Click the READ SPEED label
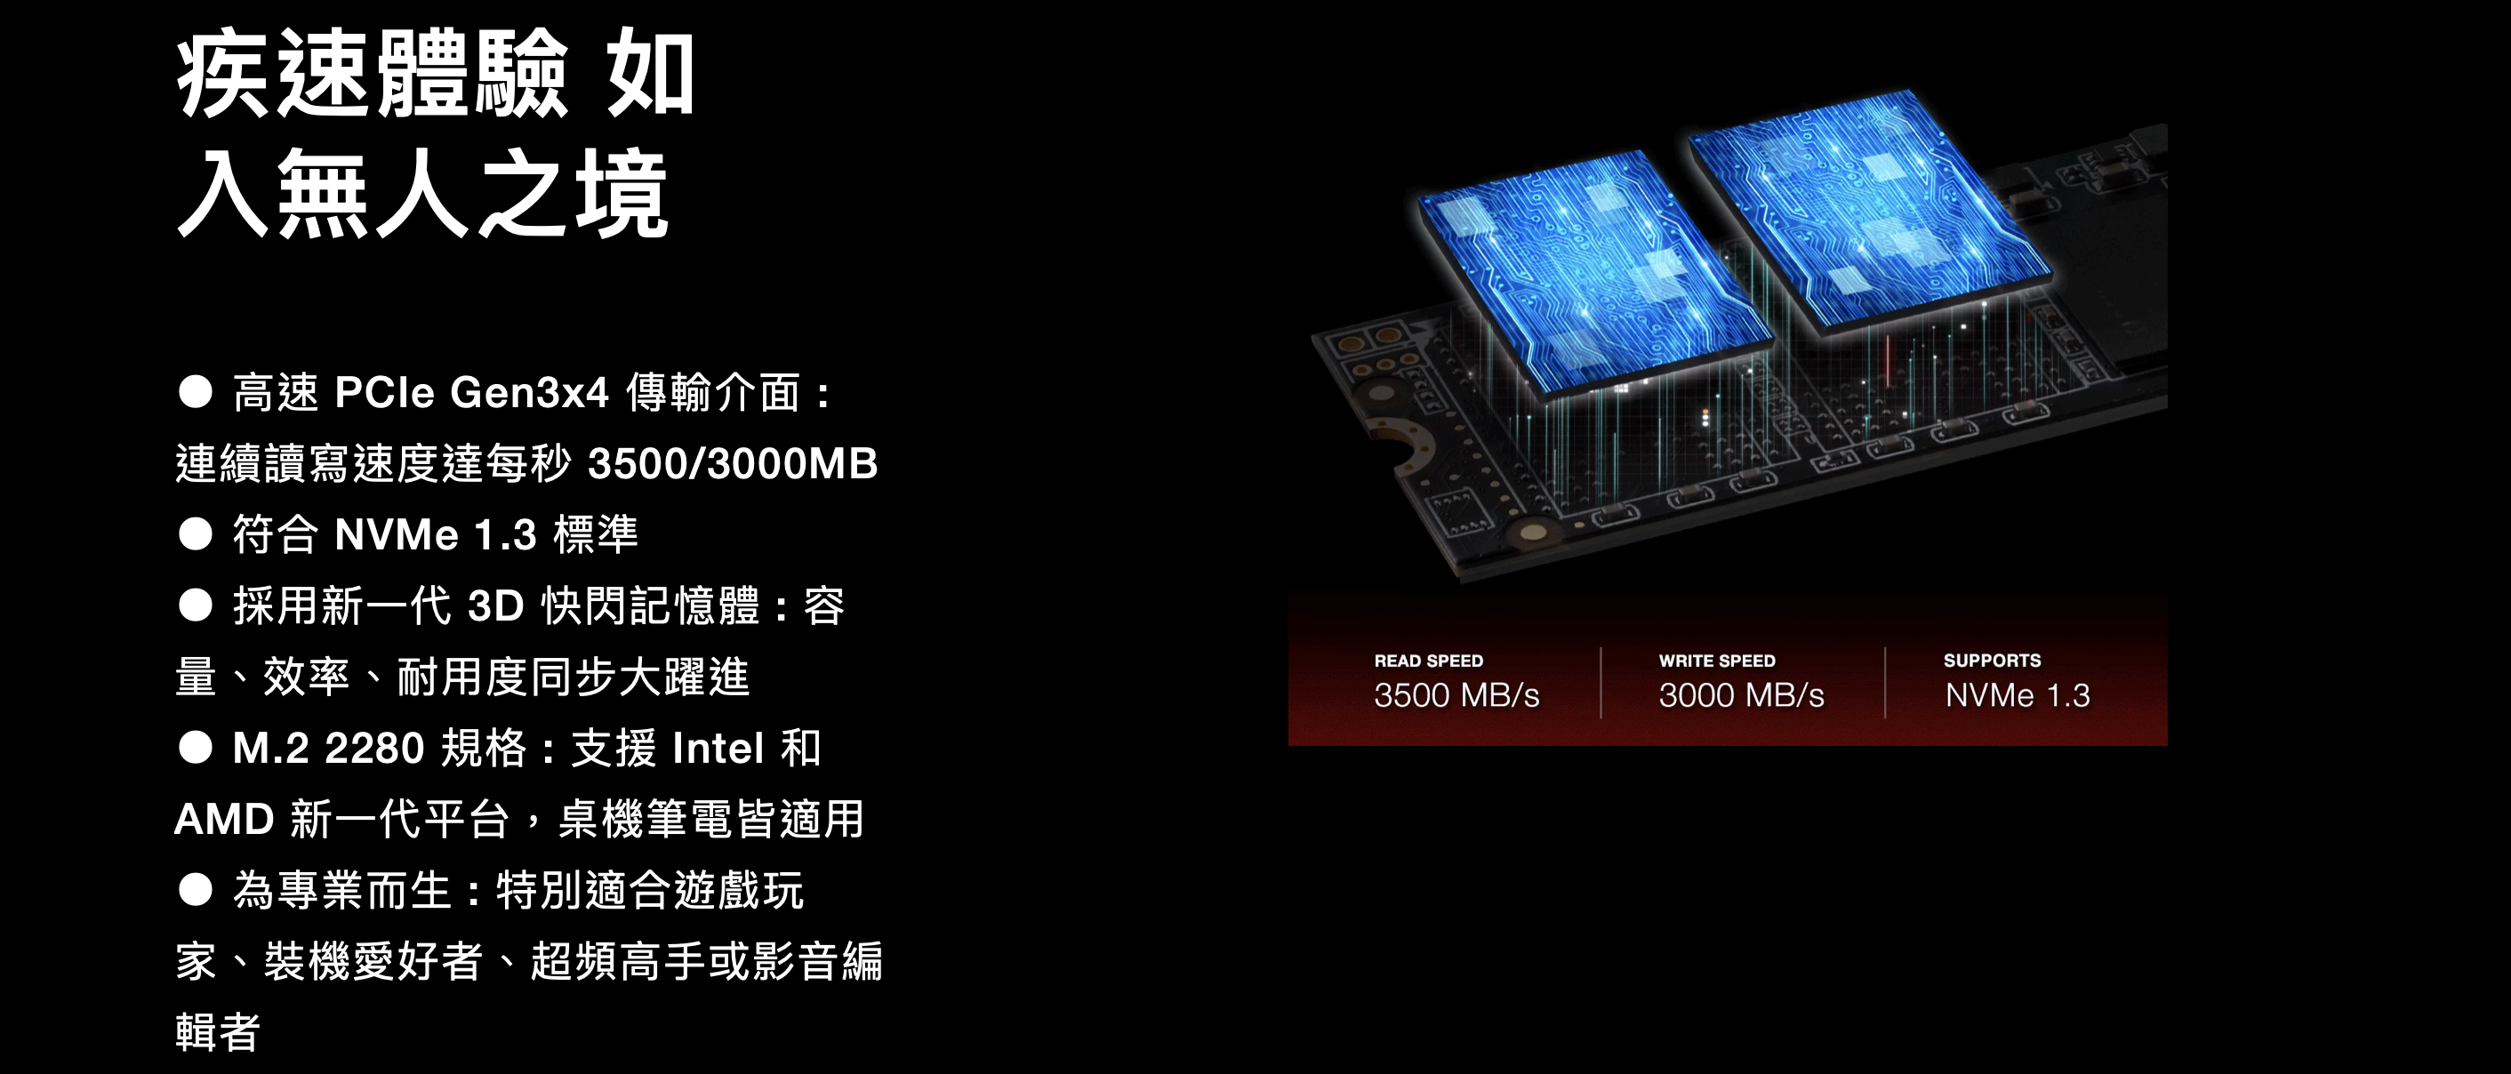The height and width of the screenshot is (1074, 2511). click(1428, 661)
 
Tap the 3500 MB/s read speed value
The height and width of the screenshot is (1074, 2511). click(1456, 696)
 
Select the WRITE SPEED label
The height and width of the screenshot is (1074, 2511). click(1717, 661)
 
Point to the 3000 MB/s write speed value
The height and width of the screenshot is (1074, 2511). click(1741, 696)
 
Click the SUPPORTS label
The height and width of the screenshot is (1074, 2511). click(1992, 661)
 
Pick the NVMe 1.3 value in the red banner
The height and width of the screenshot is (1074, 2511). click(2017, 696)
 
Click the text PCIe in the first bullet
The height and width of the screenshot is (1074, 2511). click(384, 393)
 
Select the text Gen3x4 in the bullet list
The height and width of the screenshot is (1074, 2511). click(529, 393)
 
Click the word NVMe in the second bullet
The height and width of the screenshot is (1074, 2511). click(396, 535)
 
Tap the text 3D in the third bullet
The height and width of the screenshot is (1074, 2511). click(496, 606)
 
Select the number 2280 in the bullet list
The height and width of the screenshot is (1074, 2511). click(374, 749)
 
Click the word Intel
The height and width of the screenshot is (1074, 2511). click(718, 749)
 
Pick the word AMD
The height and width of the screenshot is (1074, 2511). click(224, 820)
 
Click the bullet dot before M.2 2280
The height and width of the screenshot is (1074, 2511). click(196, 749)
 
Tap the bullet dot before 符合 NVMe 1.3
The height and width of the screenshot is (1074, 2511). click(196, 535)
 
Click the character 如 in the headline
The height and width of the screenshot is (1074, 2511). click(650, 74)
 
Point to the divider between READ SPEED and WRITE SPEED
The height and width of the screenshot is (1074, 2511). click(1600, 682)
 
